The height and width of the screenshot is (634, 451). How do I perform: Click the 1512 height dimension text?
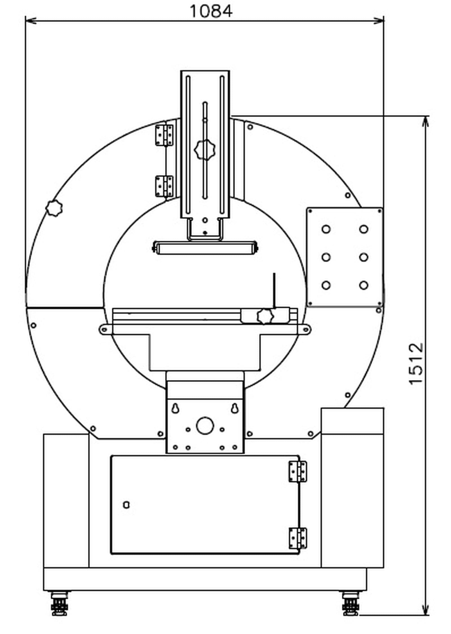coord(416,364)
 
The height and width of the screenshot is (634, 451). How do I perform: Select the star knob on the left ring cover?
coord(54,208)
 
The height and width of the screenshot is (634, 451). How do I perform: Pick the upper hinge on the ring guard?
coord(164,135)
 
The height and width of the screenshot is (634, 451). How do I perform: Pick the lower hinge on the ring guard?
coord(164,186)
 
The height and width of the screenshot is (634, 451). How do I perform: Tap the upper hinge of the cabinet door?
coord(298,471)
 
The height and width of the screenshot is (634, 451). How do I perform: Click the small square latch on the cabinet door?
coord(127,505)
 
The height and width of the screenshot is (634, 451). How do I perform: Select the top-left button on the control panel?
coord(326,229)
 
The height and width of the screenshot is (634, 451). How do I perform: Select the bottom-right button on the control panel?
coord(364,285)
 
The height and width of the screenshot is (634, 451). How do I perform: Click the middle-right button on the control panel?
coord(364,257)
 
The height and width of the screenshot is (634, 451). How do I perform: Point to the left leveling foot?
coord(59,603)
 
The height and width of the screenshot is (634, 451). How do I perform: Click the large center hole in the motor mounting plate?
coord(205,425)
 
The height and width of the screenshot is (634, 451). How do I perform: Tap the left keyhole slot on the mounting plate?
coord(175,408)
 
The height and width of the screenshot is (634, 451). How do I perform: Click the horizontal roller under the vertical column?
coord(205,248)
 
